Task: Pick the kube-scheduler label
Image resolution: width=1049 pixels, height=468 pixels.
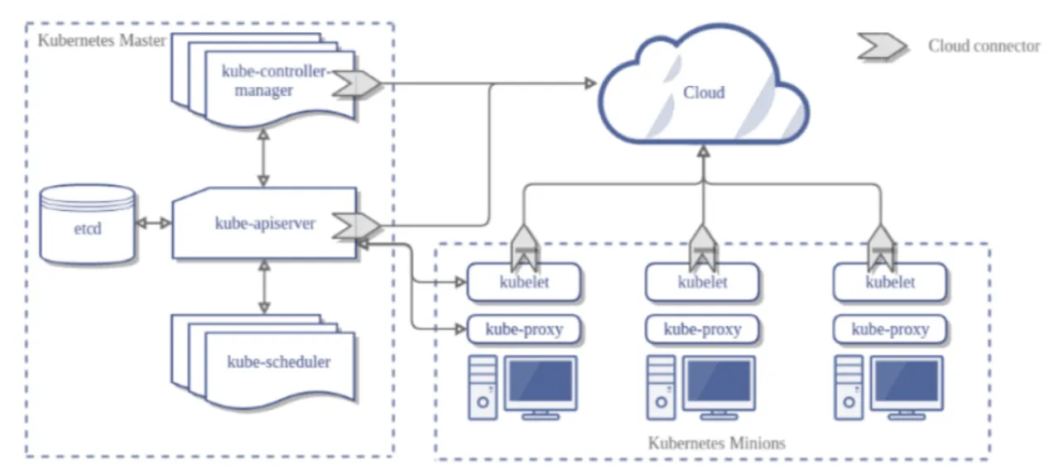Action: coord(278,361)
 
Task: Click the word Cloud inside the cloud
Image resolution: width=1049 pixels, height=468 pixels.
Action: coord(703,92)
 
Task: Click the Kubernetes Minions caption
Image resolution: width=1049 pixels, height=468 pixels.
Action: coord(716,442)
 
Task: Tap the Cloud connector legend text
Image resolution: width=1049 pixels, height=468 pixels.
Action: coord(983,46)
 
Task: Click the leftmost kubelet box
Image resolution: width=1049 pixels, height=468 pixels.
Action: coord(524,283)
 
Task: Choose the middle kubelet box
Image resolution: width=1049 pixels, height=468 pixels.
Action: coord(702,283)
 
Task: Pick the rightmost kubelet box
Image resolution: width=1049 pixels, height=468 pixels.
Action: coord(890,283)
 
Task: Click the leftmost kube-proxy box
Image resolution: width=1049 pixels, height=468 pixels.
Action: coord(524,329)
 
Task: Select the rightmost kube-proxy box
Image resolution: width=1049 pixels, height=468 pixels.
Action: coord(890,329)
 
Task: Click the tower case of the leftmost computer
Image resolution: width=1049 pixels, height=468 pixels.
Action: coord(484,387)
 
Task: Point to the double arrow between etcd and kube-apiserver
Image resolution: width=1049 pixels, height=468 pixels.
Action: coord(154,223)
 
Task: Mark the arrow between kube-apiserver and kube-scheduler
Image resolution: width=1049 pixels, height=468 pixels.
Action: coord(264,287)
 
